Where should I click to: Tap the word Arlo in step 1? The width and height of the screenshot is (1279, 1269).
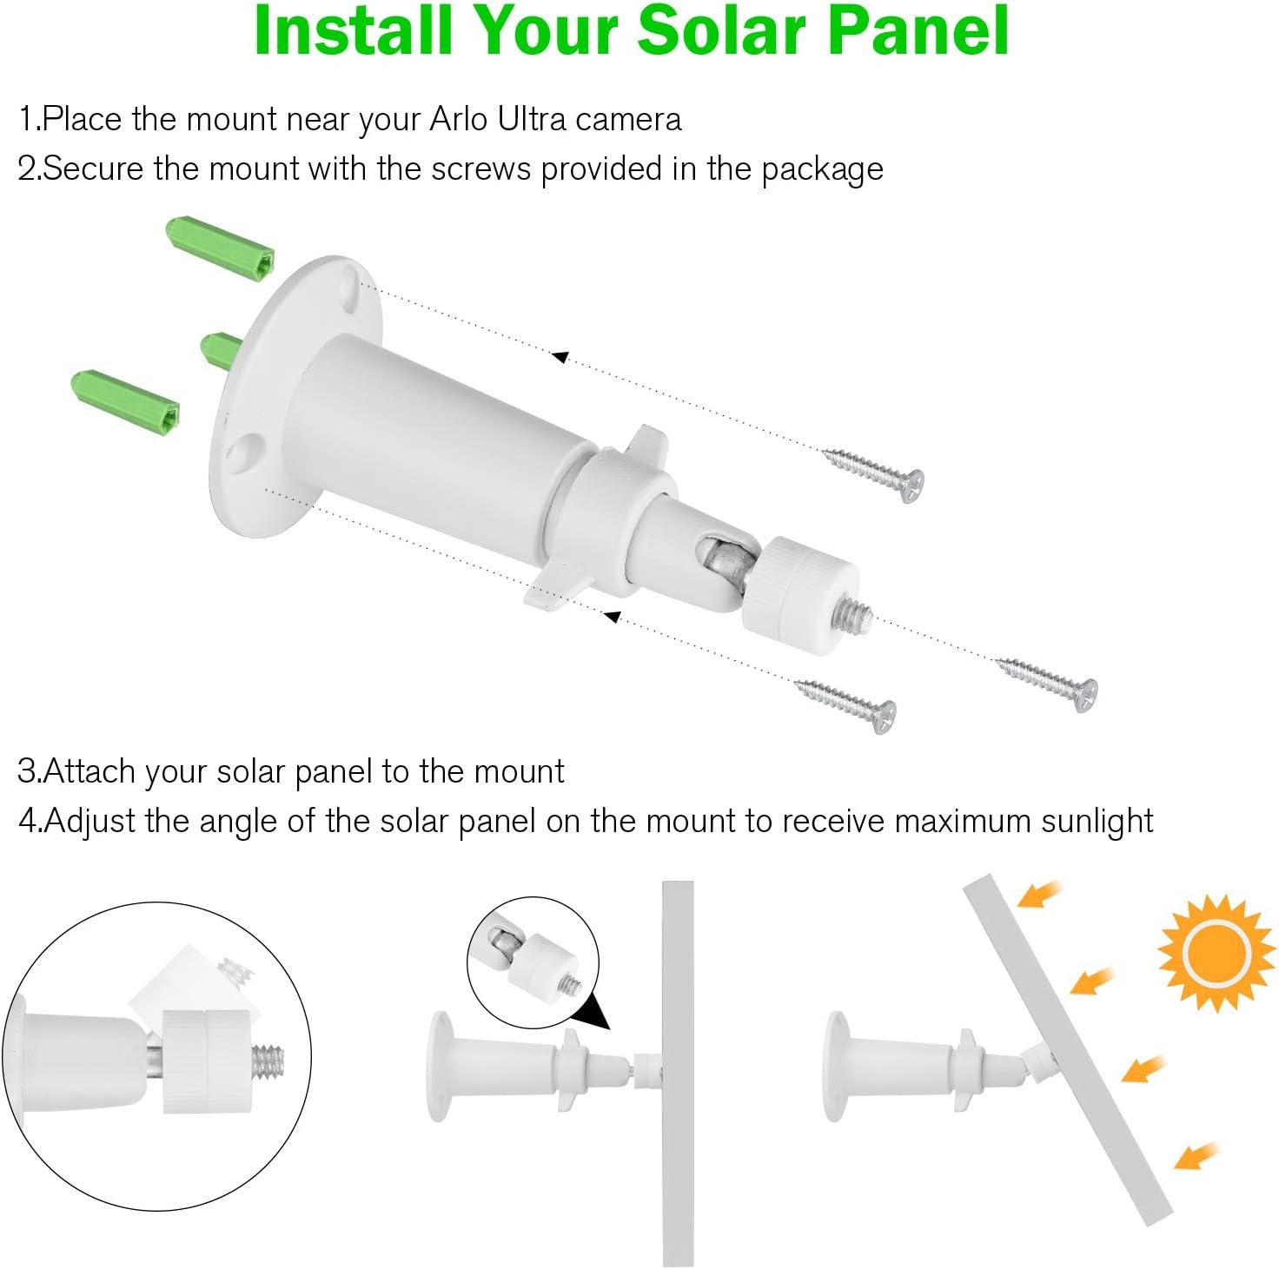460,118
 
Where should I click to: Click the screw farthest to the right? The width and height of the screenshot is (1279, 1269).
1048,683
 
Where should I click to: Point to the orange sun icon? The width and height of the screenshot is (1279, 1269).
1216,954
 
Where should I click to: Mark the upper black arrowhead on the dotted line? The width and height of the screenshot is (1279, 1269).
560,356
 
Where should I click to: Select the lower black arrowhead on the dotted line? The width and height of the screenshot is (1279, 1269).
613,617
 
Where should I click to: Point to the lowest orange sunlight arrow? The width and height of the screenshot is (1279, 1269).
1196,1153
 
